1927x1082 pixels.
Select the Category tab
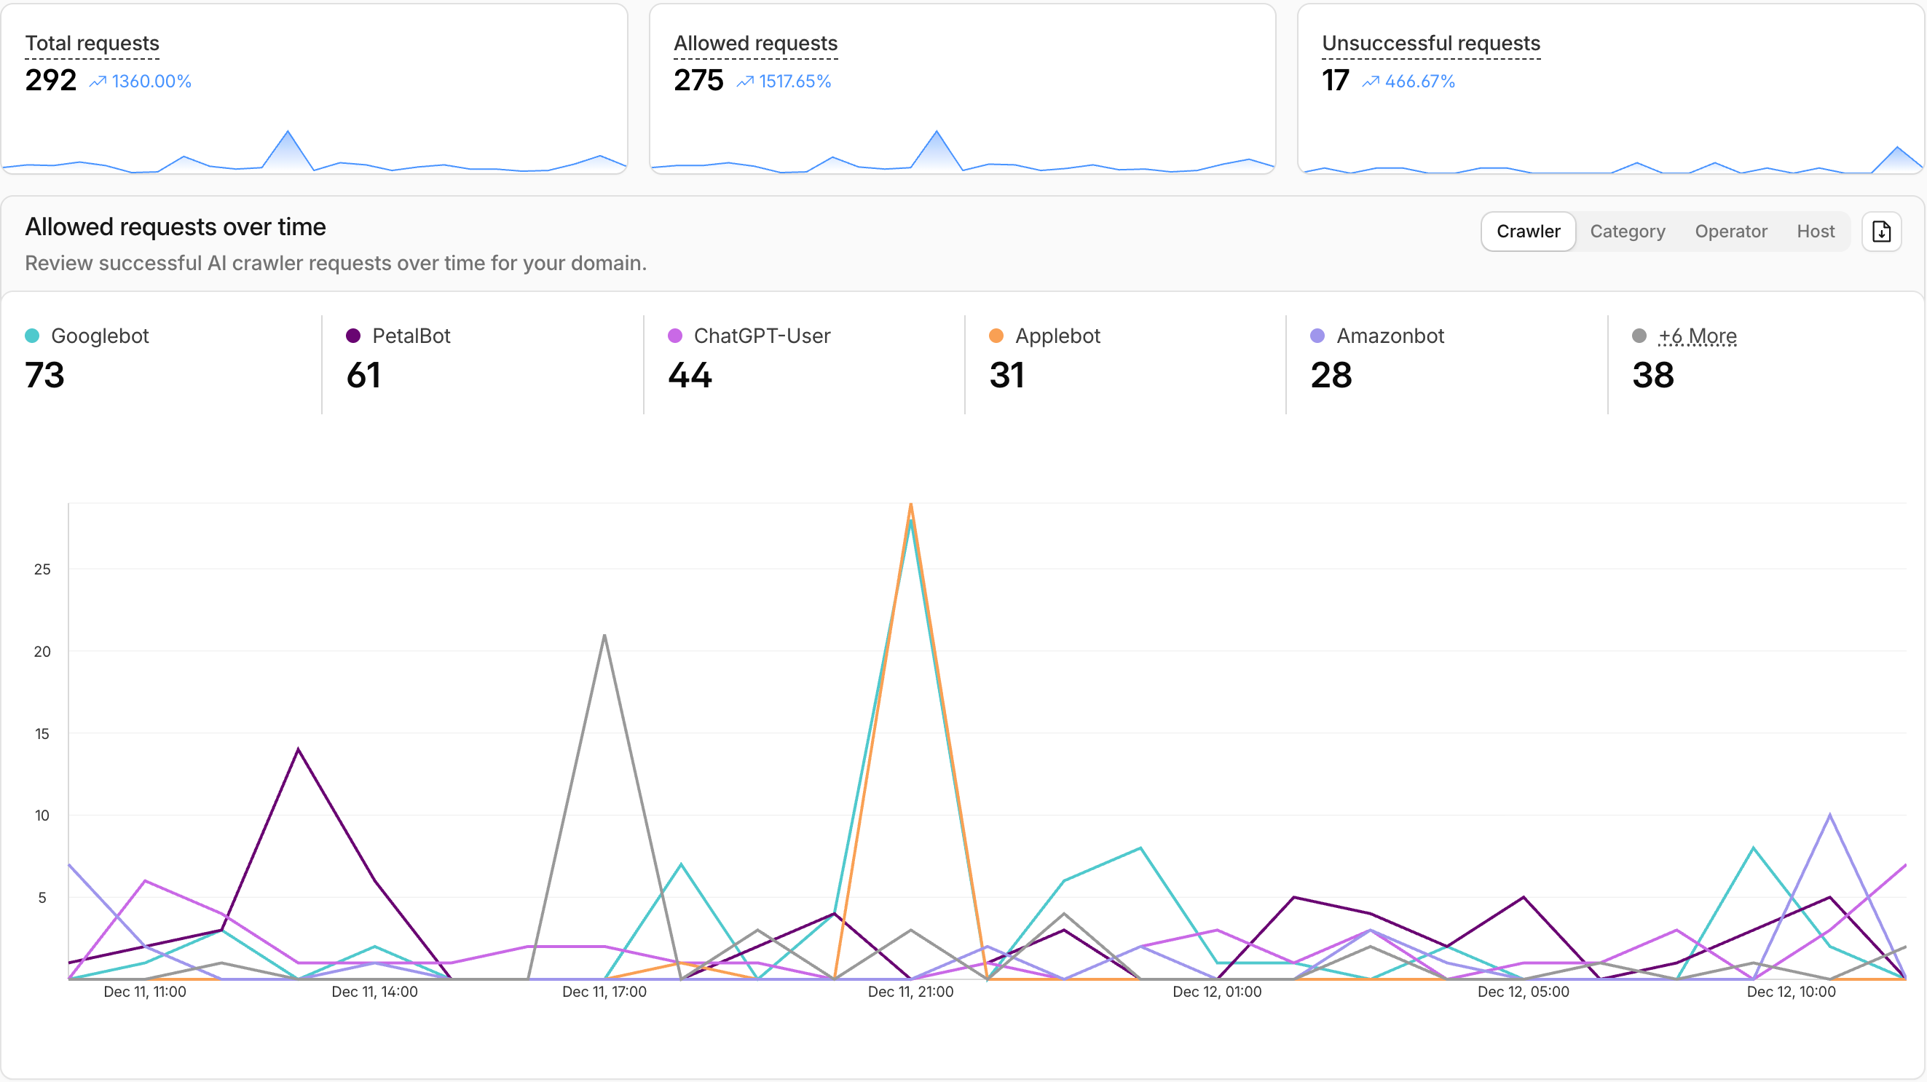(1627, 232)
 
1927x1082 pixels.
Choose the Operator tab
(1730, 232)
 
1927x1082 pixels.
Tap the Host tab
(1815, 232)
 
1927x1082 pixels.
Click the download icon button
(1880, 232)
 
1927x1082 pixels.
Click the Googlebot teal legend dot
(32, 336)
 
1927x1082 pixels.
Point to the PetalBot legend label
(411, 336)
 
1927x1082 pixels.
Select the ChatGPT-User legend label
(762, 336)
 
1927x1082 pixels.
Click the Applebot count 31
(1006, 375)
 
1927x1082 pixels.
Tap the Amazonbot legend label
(1390, 336)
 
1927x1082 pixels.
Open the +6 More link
(1697, 336)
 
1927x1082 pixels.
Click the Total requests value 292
(51, 80)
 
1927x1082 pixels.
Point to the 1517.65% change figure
(795, 81)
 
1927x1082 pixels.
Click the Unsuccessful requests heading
(1430, 44)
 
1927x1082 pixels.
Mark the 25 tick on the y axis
(42, 569)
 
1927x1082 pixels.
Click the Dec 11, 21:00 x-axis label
(910, 992)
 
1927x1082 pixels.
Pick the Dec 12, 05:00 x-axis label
(1522, 992)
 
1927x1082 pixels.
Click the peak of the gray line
(604, 636)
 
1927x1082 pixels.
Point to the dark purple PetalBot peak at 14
(299, 749)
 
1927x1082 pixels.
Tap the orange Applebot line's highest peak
(910, 505)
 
